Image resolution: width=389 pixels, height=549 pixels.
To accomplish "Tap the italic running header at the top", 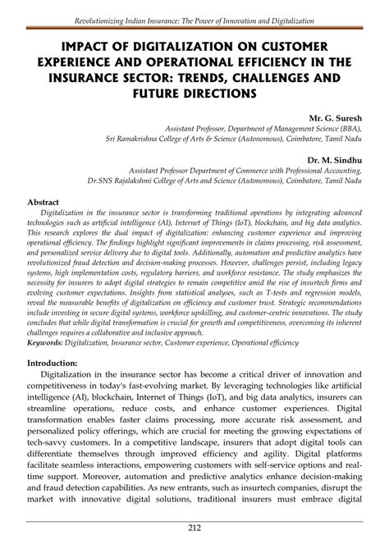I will tap(194, 18).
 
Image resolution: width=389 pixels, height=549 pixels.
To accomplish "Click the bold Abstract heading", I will tap(44, 200).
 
